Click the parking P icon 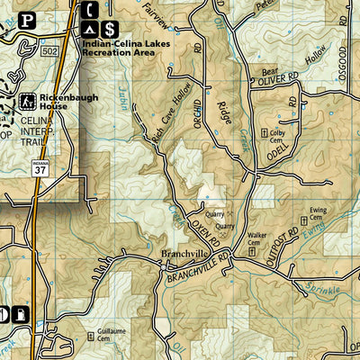point(27,18)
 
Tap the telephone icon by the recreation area point(91,10)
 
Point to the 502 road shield point(51,54)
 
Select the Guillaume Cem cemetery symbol point(90,336)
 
